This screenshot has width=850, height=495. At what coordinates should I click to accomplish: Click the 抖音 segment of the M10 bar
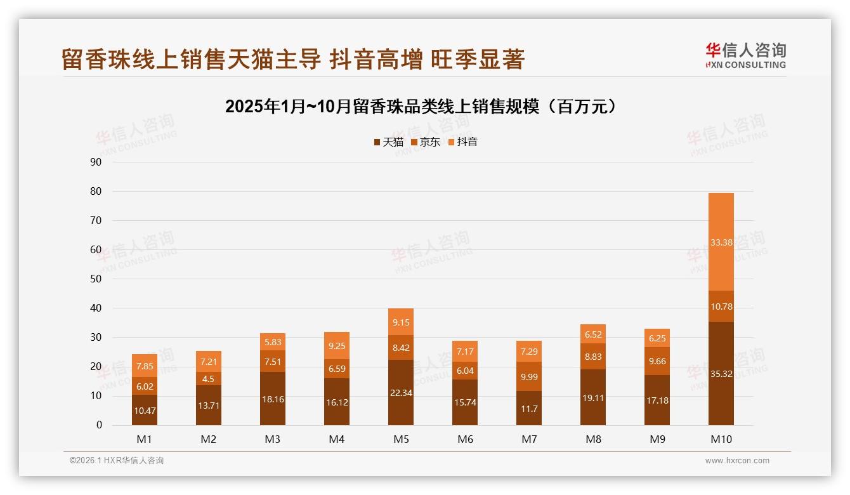[x=721, y=242]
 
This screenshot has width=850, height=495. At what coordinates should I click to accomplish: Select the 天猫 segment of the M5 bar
[x=400, y=392]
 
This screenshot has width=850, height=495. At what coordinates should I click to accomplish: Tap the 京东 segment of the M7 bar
[x=528, y=376]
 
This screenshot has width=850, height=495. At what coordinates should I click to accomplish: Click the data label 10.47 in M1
[x=145, y=411]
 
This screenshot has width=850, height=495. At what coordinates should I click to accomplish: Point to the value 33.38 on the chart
[x=721, y=242]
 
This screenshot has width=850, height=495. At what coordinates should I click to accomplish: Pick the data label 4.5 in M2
[x=209, y=379]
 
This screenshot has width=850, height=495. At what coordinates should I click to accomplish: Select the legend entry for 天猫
[x=388, y=142]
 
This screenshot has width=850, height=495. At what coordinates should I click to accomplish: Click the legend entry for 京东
[x=426, y=142]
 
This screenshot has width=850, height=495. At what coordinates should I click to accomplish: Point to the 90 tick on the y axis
[x=96, y=162]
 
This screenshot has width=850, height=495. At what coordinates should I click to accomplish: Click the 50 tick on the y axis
[x=96, y=279]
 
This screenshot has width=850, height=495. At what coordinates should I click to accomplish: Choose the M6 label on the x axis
[x=465, y=439]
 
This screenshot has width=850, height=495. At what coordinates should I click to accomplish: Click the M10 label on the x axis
[x=721, y=439]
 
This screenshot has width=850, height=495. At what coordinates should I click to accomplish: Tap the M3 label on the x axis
[x=273, y=439]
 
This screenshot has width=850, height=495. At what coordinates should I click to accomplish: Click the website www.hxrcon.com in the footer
[x=737, y=461]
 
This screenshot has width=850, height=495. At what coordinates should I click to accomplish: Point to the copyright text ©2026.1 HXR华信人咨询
[x=117, y=461]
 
